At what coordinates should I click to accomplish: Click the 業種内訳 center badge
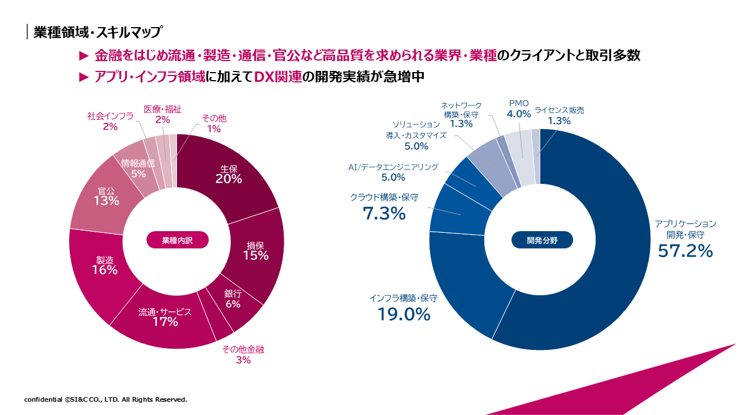(177, 240)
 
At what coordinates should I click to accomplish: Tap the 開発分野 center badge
(542, 240)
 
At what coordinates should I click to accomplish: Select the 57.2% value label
(686, 251)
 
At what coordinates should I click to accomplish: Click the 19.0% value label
(404, 315)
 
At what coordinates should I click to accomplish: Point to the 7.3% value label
(384, 214)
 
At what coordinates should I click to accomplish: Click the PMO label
(518, 103)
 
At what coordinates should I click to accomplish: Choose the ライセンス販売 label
(559, 110)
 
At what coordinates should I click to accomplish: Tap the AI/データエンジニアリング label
(393, 167)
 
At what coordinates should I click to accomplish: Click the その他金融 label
(243, 349)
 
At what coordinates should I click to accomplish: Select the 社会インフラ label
(110, 116)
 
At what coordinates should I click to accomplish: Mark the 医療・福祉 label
(163, 109)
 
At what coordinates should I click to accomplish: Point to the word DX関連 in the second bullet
(278, 77)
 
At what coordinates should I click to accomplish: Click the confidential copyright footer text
(106, 399)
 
